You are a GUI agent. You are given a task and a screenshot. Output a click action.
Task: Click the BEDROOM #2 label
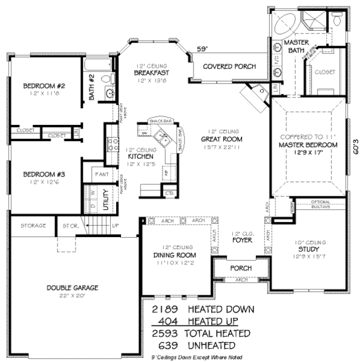click(44, 86)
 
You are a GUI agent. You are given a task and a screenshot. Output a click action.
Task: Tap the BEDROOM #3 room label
click(44, 175)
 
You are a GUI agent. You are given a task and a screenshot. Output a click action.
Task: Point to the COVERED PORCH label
click(229, 66)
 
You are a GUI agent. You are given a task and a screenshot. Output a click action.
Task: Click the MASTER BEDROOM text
click(308, 146)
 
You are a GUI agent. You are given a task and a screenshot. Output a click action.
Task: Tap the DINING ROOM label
click(173, 255)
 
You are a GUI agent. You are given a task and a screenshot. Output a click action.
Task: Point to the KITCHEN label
click(140, 156)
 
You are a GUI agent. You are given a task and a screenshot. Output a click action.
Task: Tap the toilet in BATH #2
click(106, 78)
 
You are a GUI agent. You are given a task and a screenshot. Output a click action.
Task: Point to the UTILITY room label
click(105, 199)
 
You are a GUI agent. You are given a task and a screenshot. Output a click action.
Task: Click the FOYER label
click(242, 240)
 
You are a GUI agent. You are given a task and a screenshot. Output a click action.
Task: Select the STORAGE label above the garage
click(33, 226)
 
